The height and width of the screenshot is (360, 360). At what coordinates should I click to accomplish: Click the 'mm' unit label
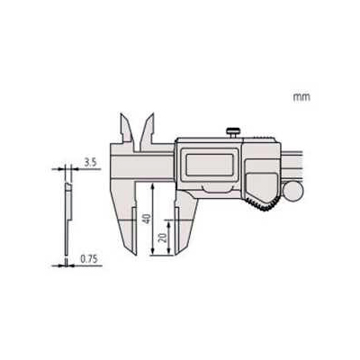coord(301,97)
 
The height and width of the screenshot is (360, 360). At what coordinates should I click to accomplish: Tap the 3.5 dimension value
coord(90,163)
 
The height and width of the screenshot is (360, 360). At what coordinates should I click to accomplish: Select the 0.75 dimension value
coord(89,259)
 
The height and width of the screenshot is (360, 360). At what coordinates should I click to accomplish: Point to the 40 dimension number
coord(146,219)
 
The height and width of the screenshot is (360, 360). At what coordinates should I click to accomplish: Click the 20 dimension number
coord(163,238)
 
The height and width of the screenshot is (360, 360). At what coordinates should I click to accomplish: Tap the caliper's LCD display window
coord(210,165)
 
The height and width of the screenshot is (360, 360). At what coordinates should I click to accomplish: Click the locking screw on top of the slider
coord(233,132)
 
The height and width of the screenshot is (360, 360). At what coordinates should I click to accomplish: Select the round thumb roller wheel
coord(293,192)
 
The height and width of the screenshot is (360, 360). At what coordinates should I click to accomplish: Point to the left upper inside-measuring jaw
coord(127,128)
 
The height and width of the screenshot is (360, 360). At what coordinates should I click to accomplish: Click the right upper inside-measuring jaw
coord(148,128)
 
